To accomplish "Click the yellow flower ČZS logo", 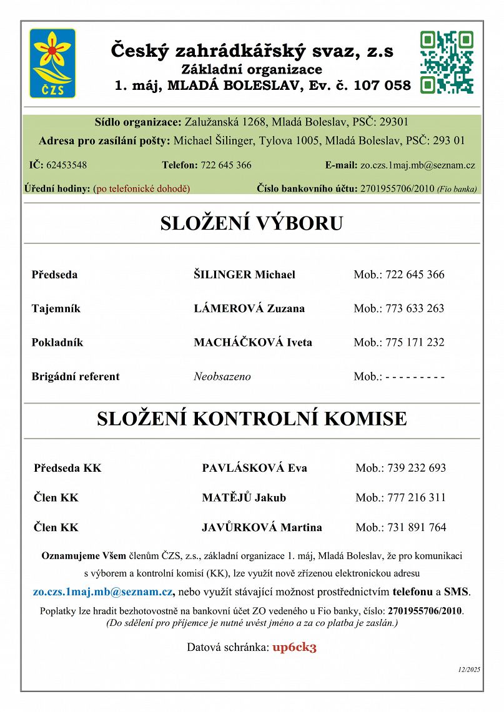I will pyautogui.click(x=52, y=63).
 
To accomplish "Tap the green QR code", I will pyautogui.click(x=447, y=62).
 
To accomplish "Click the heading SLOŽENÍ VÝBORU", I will pyautogui.click(x=252, y=223).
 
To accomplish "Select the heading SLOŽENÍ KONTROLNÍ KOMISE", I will pyautogui.click(x=252, y=419).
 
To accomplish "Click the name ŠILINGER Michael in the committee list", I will pyautogui.click(x=244, y=275).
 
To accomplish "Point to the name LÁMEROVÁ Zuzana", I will pyautogui.click(x=249, y=308).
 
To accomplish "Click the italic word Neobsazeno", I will pyautogui.click(x=222, y=376).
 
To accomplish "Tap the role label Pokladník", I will pyautogui.click(x=57, y=342).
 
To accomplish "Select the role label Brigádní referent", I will pyautogui.click(x=75, y=376).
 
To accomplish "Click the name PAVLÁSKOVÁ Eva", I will pyautogui.click(x=254, y=468).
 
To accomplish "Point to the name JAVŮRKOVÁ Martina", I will pyautogui.click(x=262, y=527).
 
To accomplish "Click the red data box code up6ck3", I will pyautogui.click(x=294, y=647).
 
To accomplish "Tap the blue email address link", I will pyautogui.click(x=103, y=592).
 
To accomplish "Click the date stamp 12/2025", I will pyautogui.click(x=468, y=670).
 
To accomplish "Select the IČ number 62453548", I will pyautogui.click(x=66, y=165).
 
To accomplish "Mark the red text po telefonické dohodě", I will pyautogui.click(x=141, y=188).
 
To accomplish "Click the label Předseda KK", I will pyautogui.click(x=67, y=468).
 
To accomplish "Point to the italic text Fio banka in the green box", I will pyautogui.click(x=457, y=188).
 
